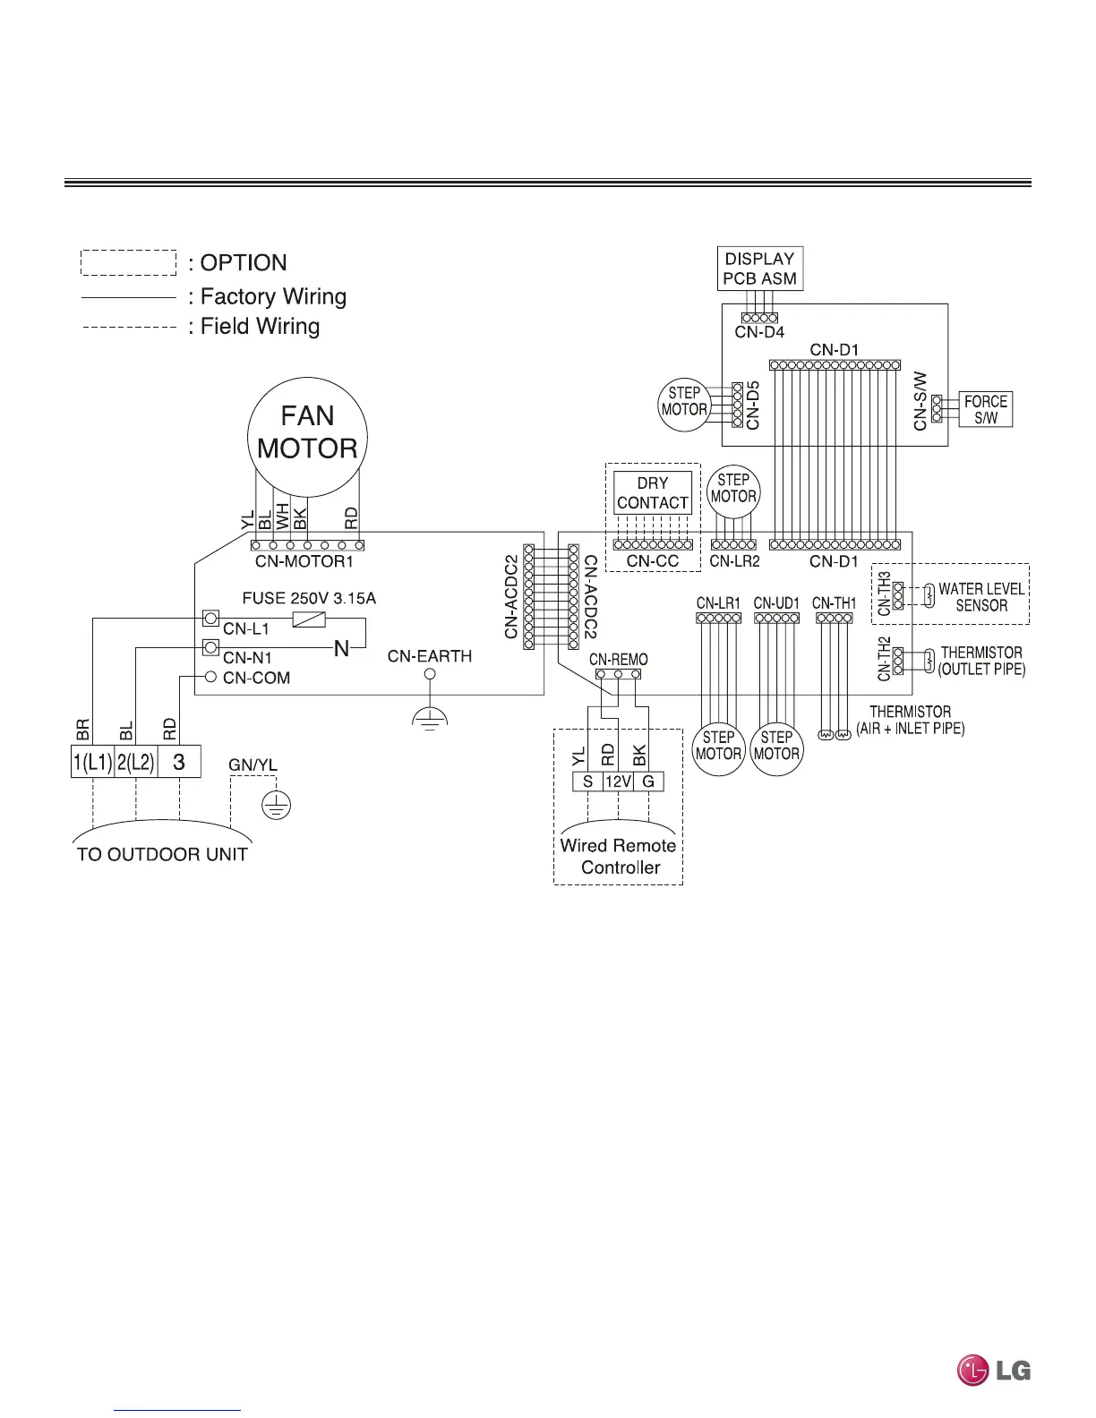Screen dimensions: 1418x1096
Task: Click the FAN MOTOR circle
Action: tap(307, 436)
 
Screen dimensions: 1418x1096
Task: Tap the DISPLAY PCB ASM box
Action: tap(759, 269)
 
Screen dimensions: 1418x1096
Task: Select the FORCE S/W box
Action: tap(985, 409)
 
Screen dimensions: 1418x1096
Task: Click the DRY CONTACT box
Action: tap(653, 492)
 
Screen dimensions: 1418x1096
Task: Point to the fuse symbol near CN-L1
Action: tap(309, 619)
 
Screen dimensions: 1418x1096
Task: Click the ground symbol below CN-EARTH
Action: tap(430, 717)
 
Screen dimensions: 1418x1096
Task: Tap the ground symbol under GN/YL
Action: tap(277, 805)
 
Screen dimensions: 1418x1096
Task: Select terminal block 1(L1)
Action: tap(92, 763)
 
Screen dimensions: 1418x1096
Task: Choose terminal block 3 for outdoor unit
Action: tap(179, 763)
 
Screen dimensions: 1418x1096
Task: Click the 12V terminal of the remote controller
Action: tap(618, 782)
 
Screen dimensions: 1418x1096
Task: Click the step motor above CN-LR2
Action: tap(733, 489)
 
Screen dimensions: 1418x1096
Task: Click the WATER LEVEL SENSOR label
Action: tap(980, 597)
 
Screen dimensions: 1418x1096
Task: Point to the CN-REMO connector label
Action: tap(619, 659)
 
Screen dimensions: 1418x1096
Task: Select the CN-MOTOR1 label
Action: tap(304, 562)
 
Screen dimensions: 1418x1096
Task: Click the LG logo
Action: tap(994, 1371)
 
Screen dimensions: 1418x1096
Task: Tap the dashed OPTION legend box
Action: tap(129, 262)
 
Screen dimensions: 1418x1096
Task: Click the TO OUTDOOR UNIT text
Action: tap(162, 854)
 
